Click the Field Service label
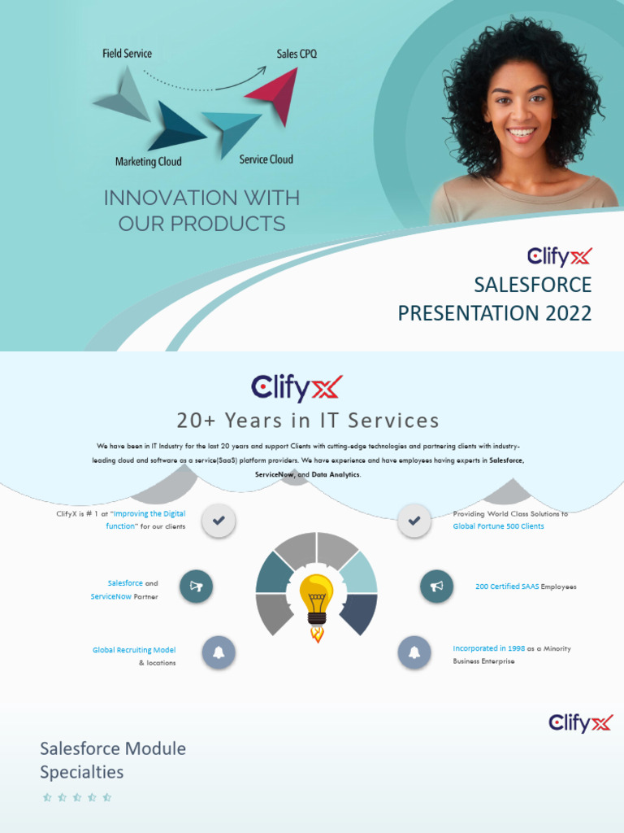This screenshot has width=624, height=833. (x=127, y=54)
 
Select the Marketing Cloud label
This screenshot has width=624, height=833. (x=148, y=162)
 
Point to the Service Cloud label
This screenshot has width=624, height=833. (x=266, y=159)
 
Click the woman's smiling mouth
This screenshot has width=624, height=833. (x=521, y=132)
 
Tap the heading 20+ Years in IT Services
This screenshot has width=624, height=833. (x=308, y=421)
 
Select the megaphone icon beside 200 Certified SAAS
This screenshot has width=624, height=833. (x=436, y=587)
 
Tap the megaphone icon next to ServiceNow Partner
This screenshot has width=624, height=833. (x=196, y=587)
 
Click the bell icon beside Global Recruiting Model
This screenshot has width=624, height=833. (x=219, y=652)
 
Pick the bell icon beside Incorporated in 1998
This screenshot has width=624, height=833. (x=414, y=652)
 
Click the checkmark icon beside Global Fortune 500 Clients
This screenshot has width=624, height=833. (x=414, y=521)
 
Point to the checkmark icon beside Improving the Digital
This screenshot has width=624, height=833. (x=219, y=521)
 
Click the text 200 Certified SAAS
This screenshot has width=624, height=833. (x=507, y=587)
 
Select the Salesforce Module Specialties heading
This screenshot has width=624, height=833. (x=113, y=760)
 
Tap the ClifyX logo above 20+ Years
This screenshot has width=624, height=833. (x=297, y=388)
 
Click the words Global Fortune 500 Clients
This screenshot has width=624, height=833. (x=498, y=526)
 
